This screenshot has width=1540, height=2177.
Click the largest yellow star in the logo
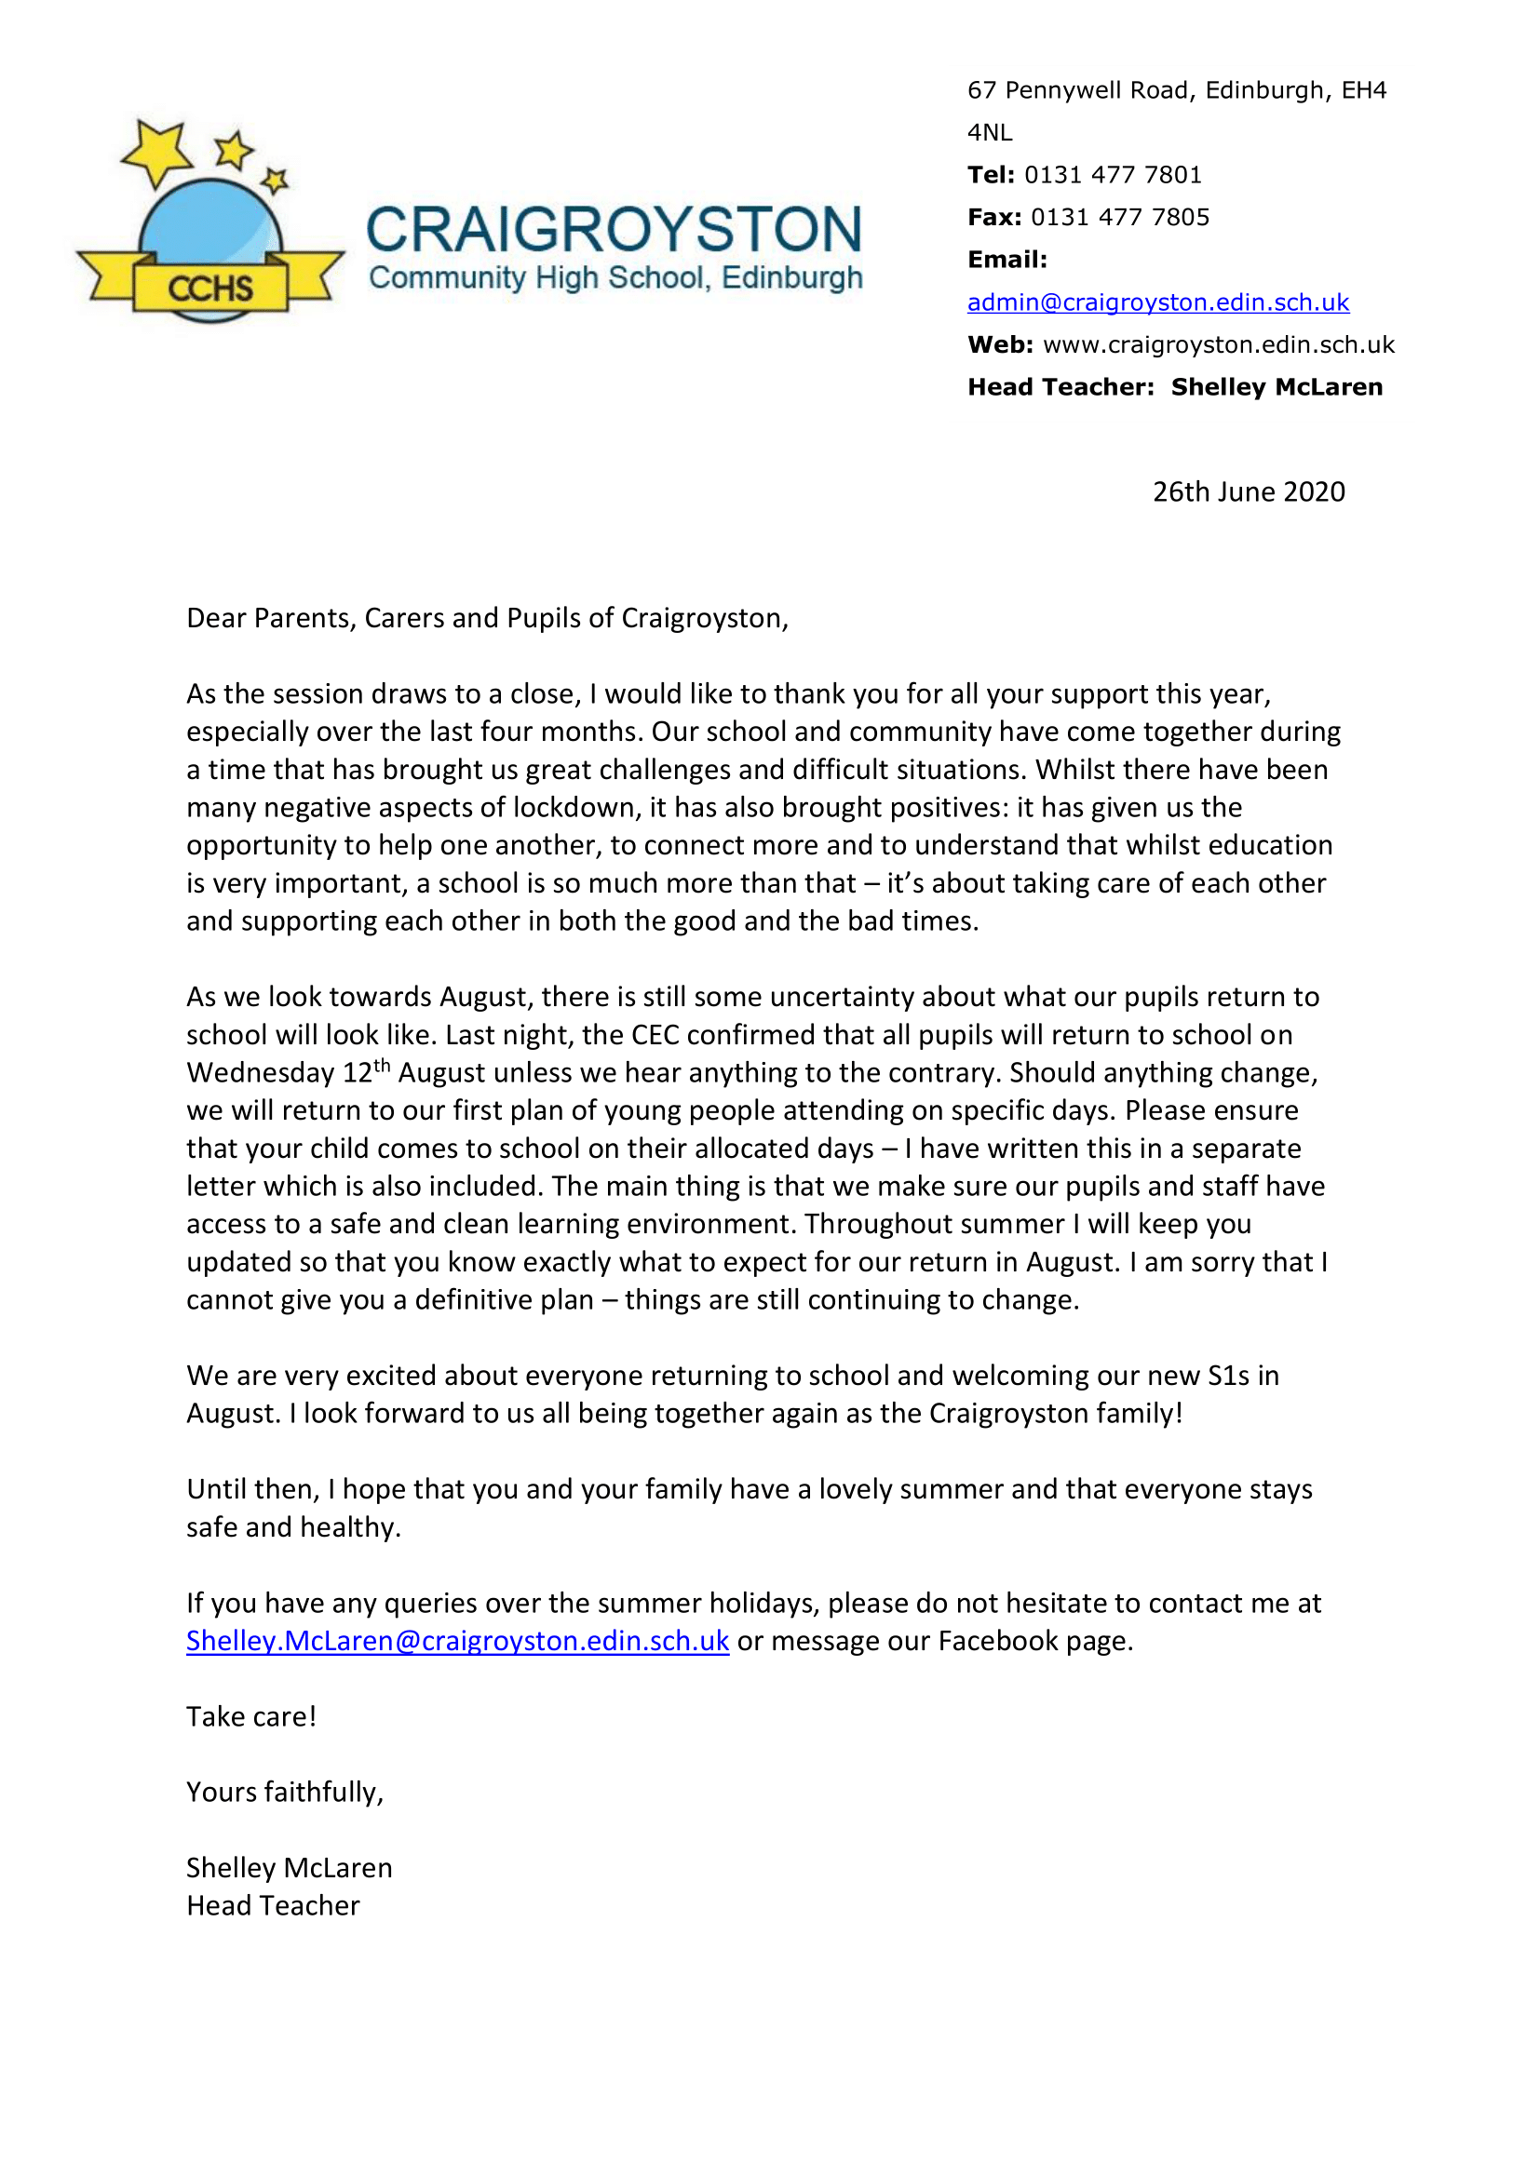click(157, 151)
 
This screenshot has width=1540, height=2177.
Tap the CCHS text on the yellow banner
click(210, 288)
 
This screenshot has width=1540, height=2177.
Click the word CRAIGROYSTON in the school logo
click(614, 230)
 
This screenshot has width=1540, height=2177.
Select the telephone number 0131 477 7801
click(1113, 174)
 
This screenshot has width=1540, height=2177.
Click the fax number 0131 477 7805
click(1119, 217)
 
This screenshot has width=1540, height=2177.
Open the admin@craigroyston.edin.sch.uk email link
click(1157, 302)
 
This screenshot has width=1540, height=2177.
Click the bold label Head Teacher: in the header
click(1060, 387)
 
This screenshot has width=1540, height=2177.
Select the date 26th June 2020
click(1248, 491)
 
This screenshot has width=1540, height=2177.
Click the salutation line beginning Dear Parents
click(486, 618)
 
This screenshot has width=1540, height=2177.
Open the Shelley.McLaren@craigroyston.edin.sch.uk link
click(457, 1640)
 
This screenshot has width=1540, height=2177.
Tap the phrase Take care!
click(251, 1716)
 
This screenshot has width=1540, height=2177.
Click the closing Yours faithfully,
click(285, 1792)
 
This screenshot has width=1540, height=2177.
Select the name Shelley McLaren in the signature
click(289, 1868)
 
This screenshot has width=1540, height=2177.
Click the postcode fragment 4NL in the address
click(989, 133)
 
